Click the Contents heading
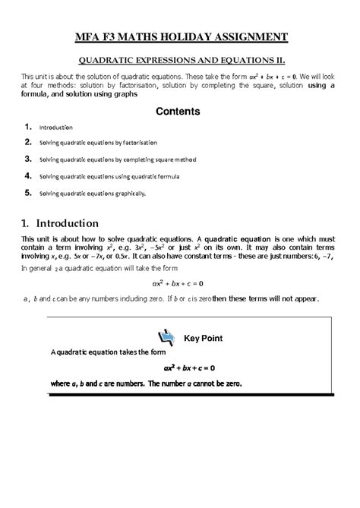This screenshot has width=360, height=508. tap(178, 111)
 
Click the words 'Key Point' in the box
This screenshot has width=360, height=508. tap(203, 336)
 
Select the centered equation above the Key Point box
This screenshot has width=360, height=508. tap(178, 284)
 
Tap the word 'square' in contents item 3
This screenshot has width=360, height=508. tap(161, 159)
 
